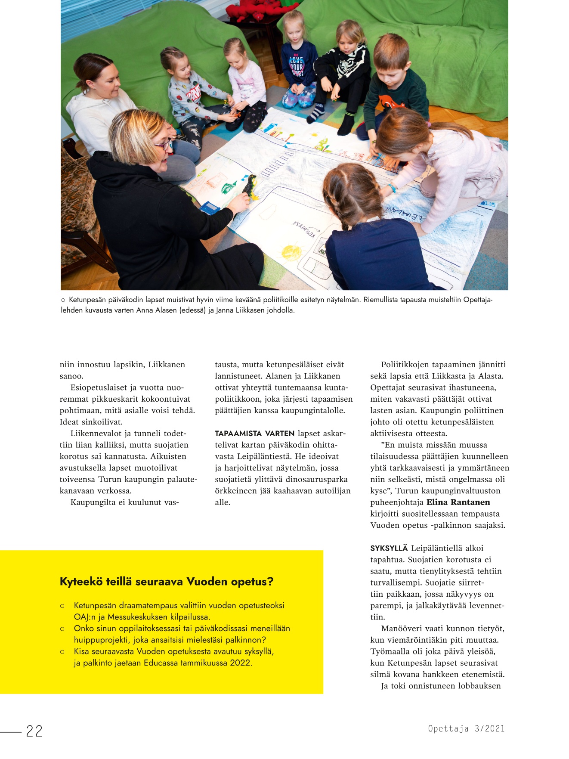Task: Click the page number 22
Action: coord(34,731)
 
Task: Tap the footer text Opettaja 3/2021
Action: coord(466,728)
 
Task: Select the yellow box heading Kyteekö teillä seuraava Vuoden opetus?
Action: coord(167,582)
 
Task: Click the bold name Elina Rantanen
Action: coord(458,502)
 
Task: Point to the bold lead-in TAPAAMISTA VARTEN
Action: coord(254,434)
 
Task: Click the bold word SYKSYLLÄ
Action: coord(389,548)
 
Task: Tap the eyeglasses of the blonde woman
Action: coord(164,145)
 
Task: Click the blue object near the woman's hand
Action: coord(210,208)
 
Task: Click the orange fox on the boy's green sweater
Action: coord(391,102)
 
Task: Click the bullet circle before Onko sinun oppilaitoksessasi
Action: coord(62,629)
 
